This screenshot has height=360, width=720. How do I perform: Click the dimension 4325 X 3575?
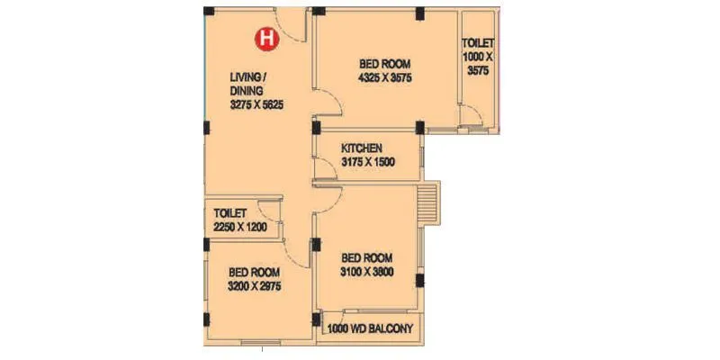pyautogui.click(x=384, y=77)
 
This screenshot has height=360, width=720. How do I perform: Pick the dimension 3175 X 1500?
pyautogui.click(x=368, y=162)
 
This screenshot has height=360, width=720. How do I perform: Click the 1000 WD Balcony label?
pyautogui.click(x=371, y=329)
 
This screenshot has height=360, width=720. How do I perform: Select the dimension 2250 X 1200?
pyautogui.click(x=240, y=229)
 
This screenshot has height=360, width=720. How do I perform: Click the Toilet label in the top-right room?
pyautogui.click(x=477, y=43)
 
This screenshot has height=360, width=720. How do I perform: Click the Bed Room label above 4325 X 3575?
pyautogui.click(x=384, y=64)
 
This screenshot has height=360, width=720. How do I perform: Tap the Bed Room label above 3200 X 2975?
pyautogui.click(x=254, y=272)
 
